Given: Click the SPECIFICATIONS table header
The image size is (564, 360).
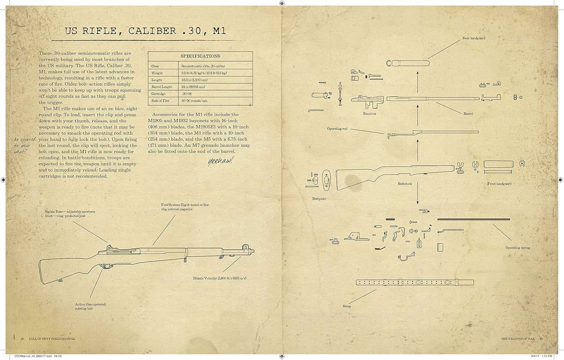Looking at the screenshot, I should pos(200,56).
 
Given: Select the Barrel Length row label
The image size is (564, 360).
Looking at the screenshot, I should pos(162,87).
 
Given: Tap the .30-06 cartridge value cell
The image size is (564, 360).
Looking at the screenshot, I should pos(187,94).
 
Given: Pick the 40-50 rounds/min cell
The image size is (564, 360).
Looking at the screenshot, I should pos(194,101).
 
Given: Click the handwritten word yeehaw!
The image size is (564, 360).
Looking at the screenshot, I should pos(220,161).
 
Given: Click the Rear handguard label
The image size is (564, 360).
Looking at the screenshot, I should pos(473,38).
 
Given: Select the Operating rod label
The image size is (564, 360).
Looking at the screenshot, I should pos(337,129).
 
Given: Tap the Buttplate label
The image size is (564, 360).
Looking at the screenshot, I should pos(319,199).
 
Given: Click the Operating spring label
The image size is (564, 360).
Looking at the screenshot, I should pos(517,248).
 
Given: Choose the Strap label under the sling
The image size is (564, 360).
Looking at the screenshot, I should pos(347,306).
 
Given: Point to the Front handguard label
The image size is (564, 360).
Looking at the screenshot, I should pos(499,184).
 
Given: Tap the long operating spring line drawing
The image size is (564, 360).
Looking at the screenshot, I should pos(473,219).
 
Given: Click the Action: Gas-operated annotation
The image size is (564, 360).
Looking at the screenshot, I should pos(90,306).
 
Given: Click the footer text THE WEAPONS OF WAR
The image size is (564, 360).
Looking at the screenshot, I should pos(517,339).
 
